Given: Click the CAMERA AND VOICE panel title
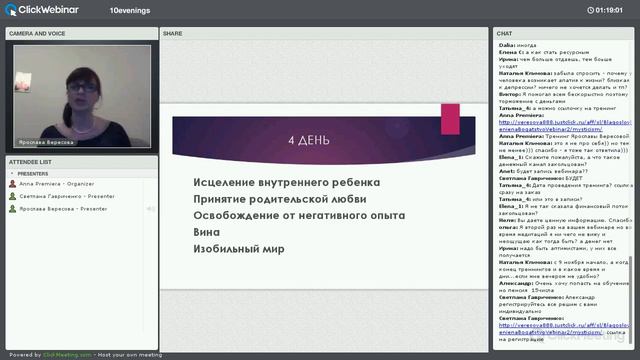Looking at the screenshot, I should (37, 33).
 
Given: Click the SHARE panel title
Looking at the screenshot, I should (173, 33).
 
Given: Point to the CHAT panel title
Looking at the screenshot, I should (505, 33).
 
